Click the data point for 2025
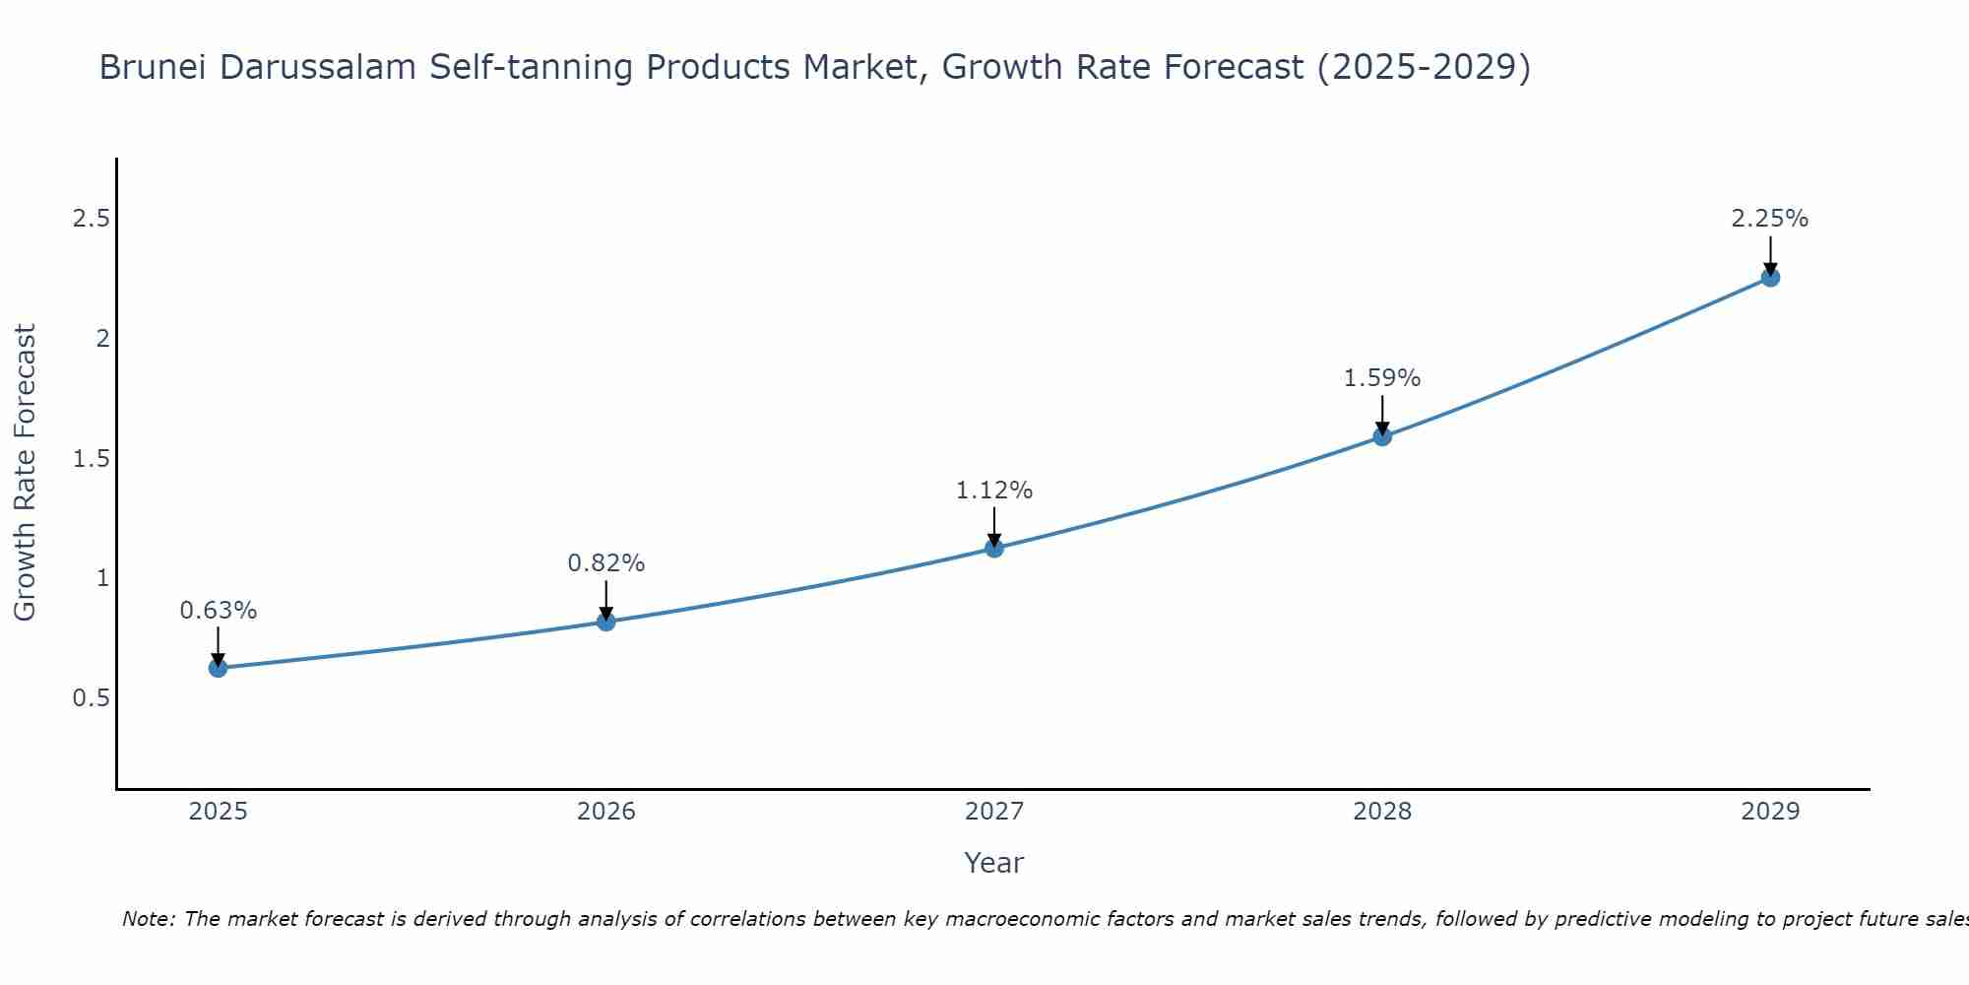click(x=218, y=668)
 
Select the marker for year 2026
click(x=605, y=622)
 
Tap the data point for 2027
click(x=994, y=548)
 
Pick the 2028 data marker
click(x=1382, y=436)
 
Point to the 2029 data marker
click(x=1770, y=277)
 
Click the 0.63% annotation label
click(x=218, y=611)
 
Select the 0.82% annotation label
click(x=605, y=563)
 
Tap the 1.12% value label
click(x=994, y=491)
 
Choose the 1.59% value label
click(x=1382, y=378)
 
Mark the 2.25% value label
click(x=1770, y=219)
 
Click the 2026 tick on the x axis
click(x=605, y=812)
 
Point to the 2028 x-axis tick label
click(x=1382, y=812)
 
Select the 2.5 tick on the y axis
click(x=91, y=219)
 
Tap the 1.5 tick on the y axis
click(x=91, y=459)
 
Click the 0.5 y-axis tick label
click(x=91, y=698)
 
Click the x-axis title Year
click(x=994, y=863)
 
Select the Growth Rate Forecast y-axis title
click(x=25, y=473)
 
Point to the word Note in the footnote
click(x=148, y=919)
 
